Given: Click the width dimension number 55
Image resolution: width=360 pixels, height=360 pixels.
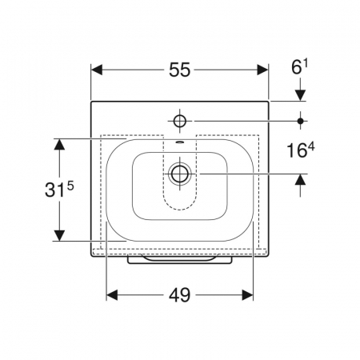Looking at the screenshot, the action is (x=180, y=70).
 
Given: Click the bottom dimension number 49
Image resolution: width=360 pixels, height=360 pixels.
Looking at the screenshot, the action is (x=180, y=295).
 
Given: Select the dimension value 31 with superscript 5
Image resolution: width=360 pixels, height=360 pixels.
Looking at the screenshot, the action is (x=59, y=189).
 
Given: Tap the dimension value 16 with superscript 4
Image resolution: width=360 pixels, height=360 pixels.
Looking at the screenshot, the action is (x=301, y=150).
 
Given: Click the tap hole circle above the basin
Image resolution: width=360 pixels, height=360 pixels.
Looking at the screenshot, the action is (x=180, y=122).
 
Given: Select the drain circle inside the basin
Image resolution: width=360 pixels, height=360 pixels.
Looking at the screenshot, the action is (x=180, y=174).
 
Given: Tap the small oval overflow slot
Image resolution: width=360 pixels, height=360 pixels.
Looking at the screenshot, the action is (x=180, y=142).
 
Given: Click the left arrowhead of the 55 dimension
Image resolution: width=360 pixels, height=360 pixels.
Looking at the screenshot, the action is (x=97, y=70).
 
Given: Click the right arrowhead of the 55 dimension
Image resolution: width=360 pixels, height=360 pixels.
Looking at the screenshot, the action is (x=262, y=70).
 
